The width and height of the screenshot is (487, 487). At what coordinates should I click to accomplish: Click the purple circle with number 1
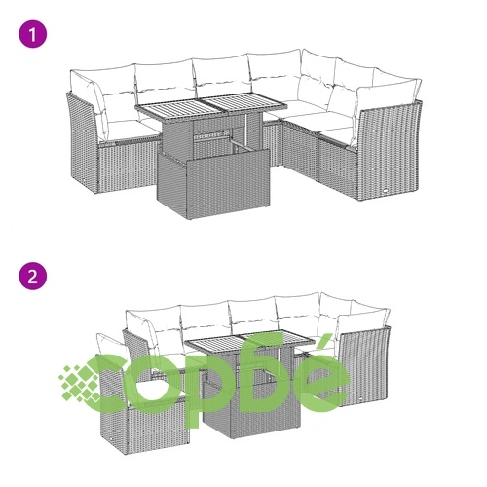(33, 34)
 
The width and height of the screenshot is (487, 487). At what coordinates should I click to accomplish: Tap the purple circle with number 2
(33, 276)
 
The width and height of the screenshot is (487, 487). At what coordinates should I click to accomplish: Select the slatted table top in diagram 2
(249, 342)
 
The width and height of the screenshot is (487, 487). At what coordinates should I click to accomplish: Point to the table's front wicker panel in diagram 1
(213, 183)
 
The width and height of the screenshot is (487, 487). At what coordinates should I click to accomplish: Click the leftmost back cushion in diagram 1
(88, 104)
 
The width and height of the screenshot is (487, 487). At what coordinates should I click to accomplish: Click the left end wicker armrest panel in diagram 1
(82, 143)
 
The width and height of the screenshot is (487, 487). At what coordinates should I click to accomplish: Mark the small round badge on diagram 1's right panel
(386, 191)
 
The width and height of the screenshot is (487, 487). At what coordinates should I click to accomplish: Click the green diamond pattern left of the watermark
(80, 383)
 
